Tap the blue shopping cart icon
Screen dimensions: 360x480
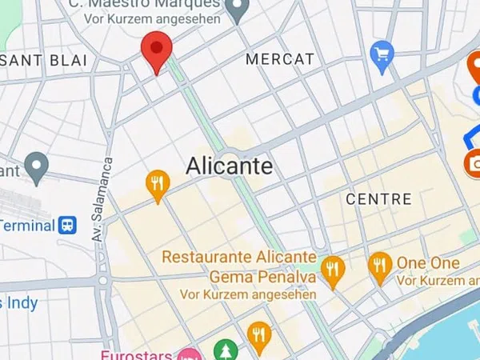pos(382,54)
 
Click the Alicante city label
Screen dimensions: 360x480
pos(229,166)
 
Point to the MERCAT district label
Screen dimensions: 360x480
pos(280,59)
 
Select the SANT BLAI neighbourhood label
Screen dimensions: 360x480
pos(43,61)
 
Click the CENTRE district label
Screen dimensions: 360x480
pos(378,198)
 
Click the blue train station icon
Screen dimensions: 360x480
pos(68,225)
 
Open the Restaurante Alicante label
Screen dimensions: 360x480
pos(239,258)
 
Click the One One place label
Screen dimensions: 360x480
pos(428,263)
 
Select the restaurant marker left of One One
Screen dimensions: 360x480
pos(379,266)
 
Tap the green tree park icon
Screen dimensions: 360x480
pos(226,350)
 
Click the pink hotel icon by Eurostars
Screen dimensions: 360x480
pos(189,354)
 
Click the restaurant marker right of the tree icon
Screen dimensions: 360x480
pos(258,336)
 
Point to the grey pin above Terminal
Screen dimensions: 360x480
pos(36,167)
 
